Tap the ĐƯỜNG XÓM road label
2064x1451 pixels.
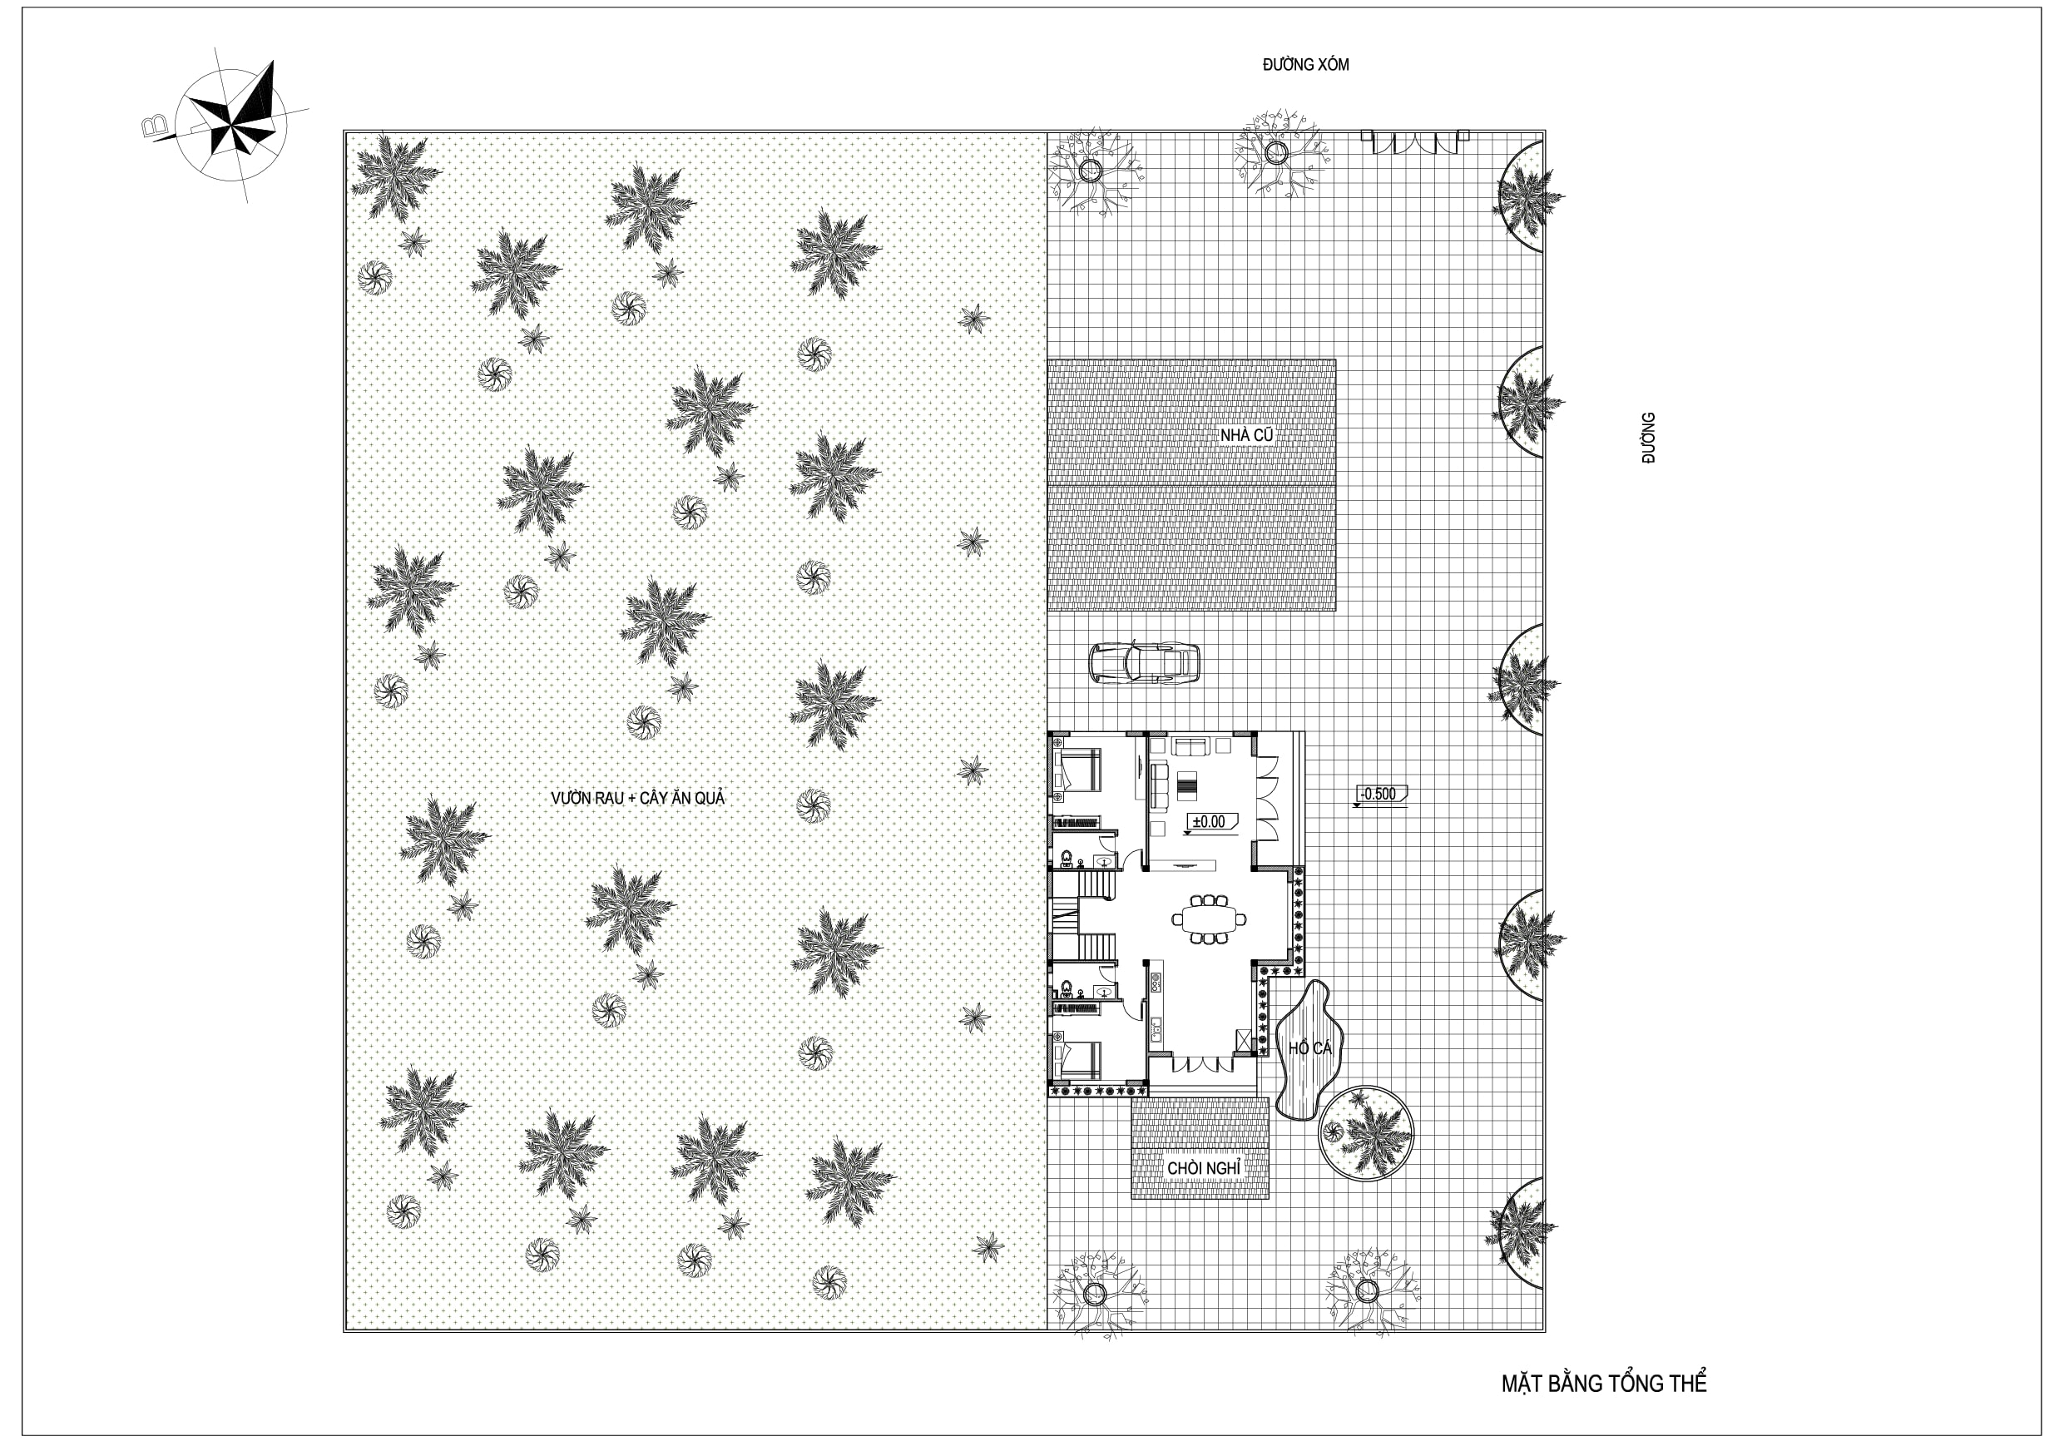1305,65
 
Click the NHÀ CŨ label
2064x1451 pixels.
1246,435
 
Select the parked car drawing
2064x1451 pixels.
1143,663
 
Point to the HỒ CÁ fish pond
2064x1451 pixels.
1308,1048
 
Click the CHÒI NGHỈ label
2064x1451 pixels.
1204,1168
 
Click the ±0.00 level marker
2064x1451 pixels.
1210,823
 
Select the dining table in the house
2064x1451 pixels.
1209,919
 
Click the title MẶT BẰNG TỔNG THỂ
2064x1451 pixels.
1604,1383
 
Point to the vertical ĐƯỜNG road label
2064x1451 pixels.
1648,438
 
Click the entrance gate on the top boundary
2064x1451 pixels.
1415,142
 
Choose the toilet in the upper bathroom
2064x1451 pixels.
1067,860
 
